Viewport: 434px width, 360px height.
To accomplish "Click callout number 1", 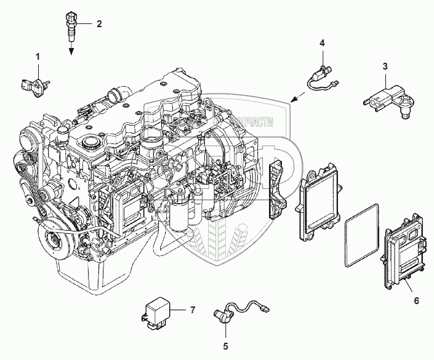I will [x=38, y=57].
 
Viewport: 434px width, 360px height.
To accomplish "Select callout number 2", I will [x=98, y=24].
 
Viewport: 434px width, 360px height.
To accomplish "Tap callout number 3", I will [x=385, y=66].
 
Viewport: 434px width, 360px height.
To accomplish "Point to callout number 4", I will [x=321, y=43].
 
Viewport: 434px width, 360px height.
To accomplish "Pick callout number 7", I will [x=192, y=310].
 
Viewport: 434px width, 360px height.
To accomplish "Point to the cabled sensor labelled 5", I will [x=237, y=308].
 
